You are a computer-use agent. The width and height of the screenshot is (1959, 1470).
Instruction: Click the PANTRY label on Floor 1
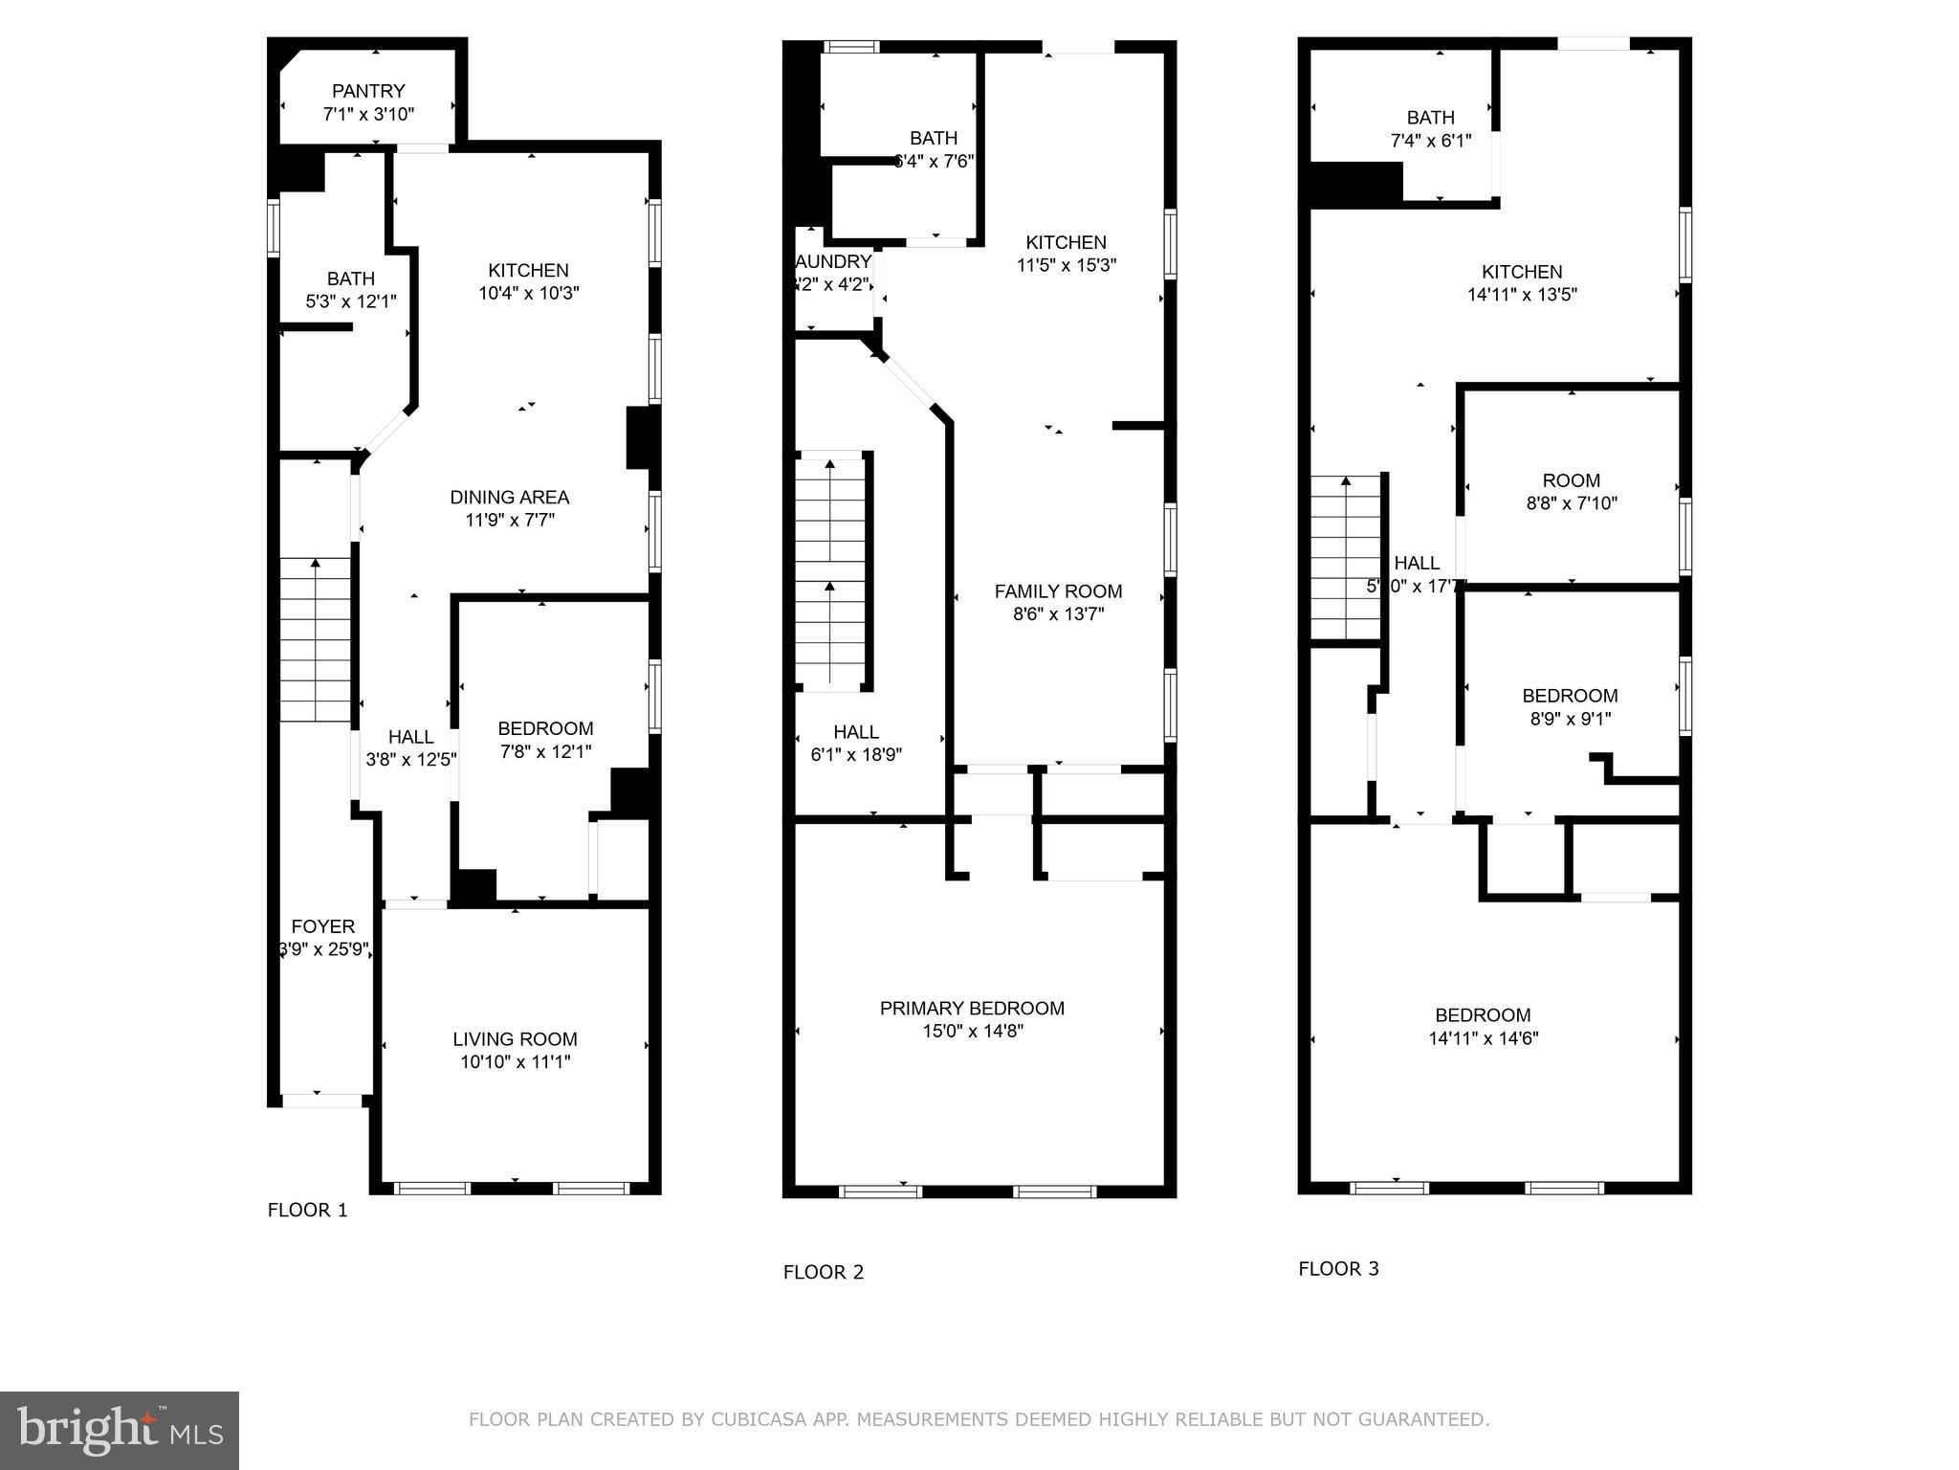pos(368,92)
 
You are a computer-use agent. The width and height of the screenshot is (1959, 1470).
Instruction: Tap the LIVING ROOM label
pos(515,1039)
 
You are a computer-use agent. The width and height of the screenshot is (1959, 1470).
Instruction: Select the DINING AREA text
pos(509,498)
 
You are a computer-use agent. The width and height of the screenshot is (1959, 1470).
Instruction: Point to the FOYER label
pos(323,926)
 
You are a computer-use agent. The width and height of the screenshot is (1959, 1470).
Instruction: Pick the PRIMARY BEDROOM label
pos(972,1008)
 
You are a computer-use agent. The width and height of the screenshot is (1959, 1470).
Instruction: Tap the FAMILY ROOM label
pos(1058,591)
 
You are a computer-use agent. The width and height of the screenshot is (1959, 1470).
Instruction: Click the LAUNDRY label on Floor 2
pos(833,262)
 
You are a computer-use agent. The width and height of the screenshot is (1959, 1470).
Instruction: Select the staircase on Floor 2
pos(830,572)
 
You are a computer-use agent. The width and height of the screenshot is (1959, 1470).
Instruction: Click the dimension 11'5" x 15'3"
pos(1066,265)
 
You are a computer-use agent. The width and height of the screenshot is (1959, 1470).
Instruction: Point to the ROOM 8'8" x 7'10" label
pos(1571,480)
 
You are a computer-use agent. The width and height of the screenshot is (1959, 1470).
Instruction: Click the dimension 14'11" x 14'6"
pos(1483,1038)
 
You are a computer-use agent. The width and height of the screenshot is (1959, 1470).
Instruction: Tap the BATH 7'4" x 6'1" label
pos(1430,118)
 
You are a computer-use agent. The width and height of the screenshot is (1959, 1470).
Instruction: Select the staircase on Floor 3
pos(1346,558)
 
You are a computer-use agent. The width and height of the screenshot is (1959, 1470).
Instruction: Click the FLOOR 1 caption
pos(307,1211)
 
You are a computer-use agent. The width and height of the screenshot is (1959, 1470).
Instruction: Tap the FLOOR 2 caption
pos(823,1272)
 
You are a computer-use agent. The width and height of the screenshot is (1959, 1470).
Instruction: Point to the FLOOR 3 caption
pos(1338,1269)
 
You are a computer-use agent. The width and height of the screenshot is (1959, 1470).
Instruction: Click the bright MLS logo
pos(120,1431)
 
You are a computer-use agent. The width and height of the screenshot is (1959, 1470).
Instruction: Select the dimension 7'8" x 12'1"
pos(545,752)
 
